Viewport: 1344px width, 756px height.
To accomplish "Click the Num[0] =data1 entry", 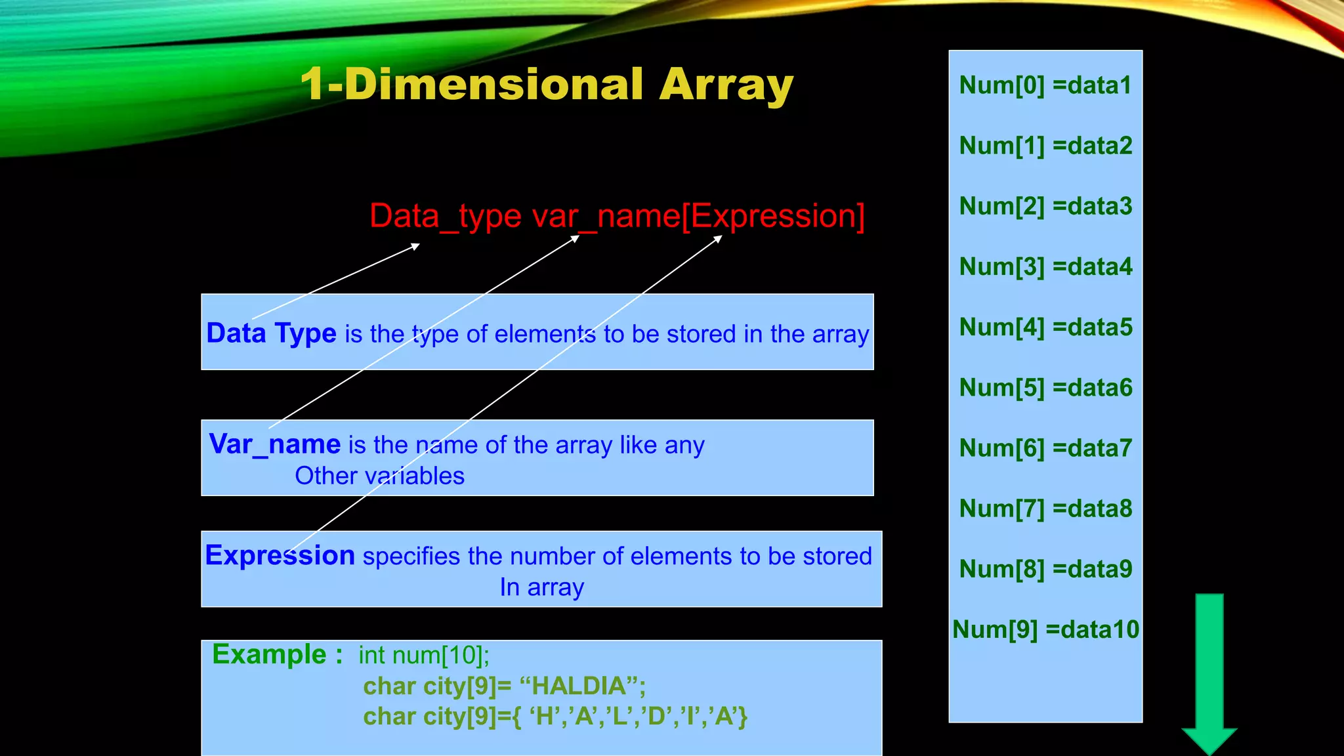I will [1045, 85].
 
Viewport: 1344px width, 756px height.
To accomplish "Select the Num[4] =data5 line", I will [1045, 327].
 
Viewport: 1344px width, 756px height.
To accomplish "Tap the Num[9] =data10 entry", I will [1045, 629].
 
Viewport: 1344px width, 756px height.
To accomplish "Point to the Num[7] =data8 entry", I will [1045, 509].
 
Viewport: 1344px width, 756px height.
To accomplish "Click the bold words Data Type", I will [271, 333].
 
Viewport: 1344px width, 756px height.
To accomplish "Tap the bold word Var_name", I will [274, 444].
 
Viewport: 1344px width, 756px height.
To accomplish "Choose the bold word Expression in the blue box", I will [280, 555].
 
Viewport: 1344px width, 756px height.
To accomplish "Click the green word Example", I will [269, 654].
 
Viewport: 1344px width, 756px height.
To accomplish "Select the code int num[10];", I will [424, 655].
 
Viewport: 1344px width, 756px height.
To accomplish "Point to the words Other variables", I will [379, 476].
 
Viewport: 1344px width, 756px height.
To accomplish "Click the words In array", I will [541, 587].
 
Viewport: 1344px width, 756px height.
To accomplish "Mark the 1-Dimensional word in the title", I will [471, 85].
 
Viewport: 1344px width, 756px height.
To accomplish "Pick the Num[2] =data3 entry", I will [1045, 206].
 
